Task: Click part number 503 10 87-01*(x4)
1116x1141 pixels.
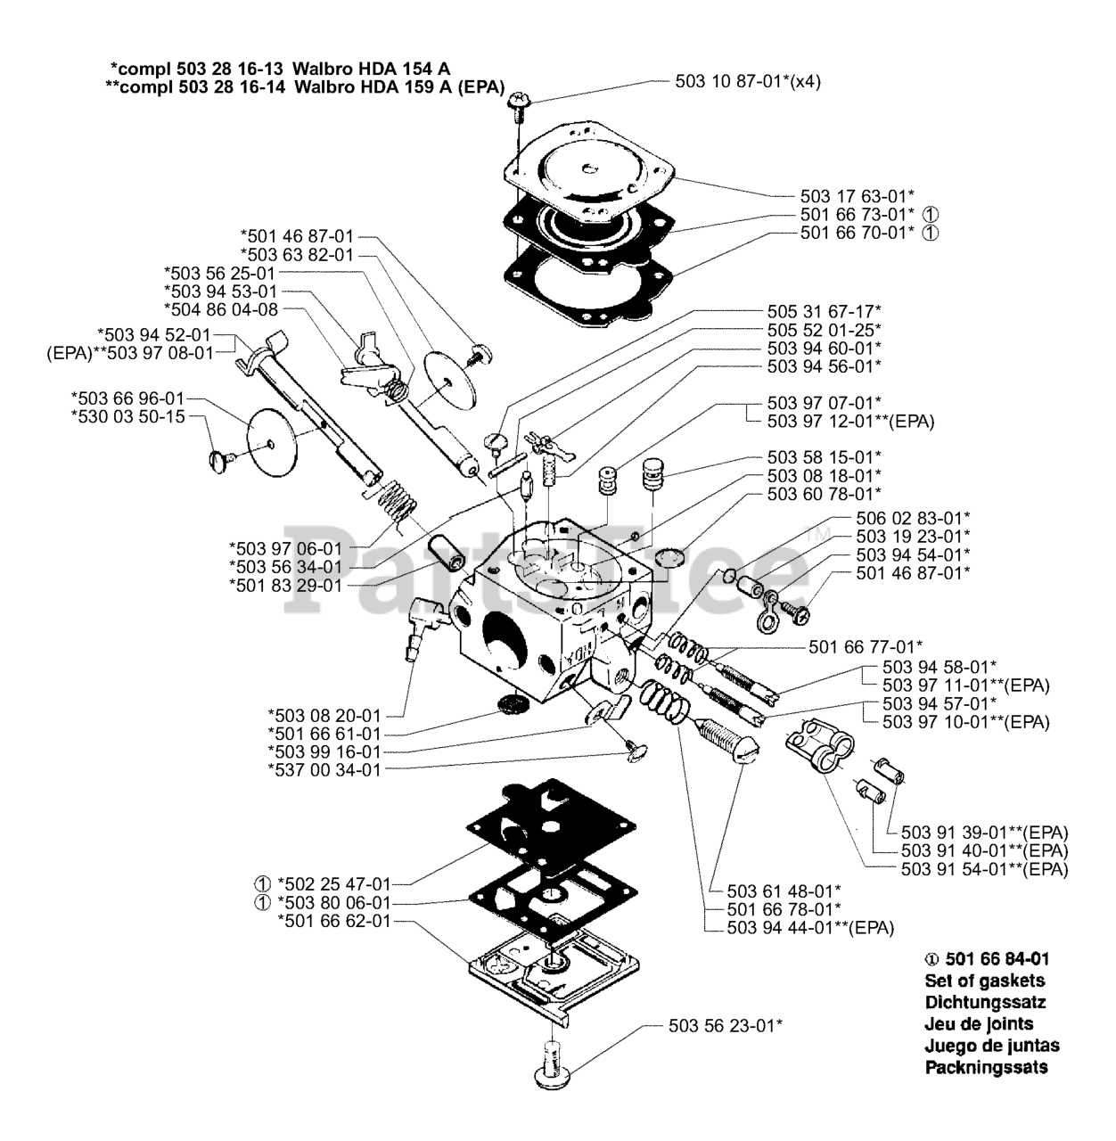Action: tap(748, 81)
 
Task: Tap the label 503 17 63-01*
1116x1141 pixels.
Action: tap(858, 196)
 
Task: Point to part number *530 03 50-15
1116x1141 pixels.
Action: tap(127, 417)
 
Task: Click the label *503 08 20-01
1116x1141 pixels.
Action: tap(324, 715)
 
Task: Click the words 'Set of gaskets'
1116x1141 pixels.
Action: tap(985, 981)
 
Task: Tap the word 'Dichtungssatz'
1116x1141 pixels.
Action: tap(985, 1002)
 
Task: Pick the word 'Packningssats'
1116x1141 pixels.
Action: tap(987, 1067)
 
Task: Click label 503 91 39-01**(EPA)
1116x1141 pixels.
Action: tap(985, 833)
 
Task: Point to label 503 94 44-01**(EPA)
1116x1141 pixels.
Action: tap(810, 928)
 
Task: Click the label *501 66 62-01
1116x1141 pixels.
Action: tap(333, 921)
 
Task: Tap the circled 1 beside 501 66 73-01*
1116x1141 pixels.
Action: tap(931, 215)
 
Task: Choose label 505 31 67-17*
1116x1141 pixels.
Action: tap(824, 311)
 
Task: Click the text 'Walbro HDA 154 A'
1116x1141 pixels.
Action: tap(371, 69)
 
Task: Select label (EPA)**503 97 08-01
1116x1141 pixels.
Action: tap(130, 353)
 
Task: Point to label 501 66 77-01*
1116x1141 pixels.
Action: tap(866, 647)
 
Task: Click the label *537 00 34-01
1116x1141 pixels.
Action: tap(324, 770)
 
